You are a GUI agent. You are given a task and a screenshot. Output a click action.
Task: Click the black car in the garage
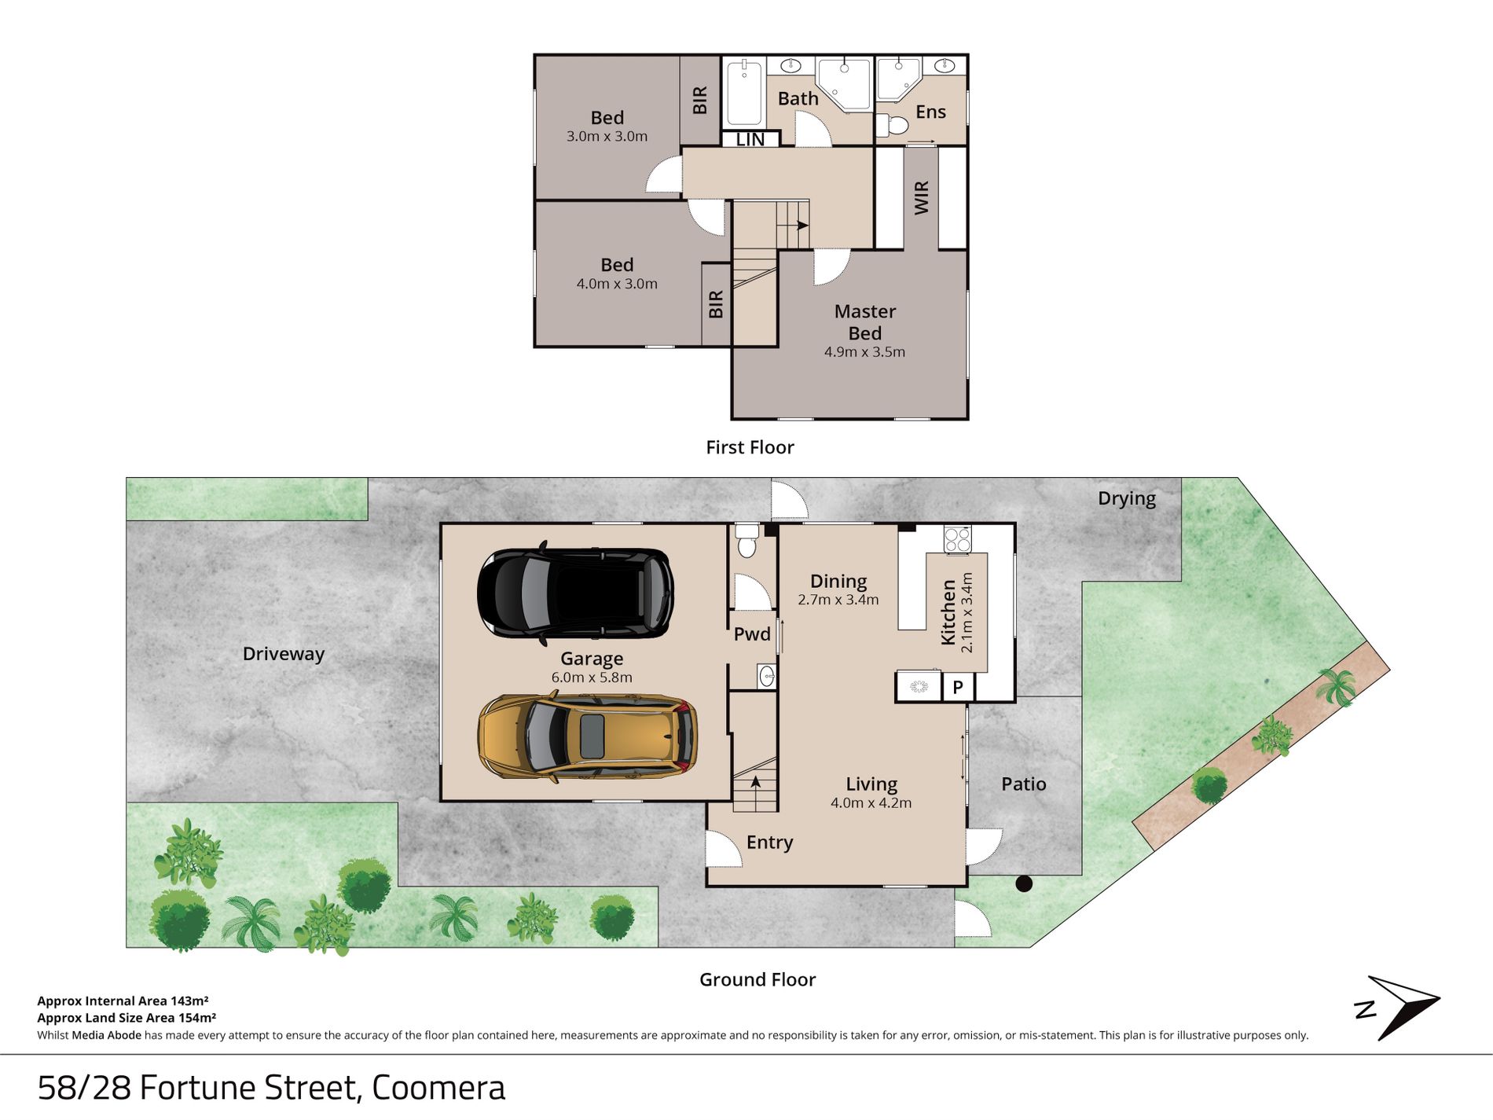(575, 592)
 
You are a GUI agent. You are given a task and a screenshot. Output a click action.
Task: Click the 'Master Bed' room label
(864, 322)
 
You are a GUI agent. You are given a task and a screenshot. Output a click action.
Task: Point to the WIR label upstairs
(922, 197)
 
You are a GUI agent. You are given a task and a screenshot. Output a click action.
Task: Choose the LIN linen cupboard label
(750, 139)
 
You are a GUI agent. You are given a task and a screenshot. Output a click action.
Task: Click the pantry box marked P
(958, 687)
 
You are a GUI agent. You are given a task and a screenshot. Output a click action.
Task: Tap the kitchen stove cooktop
(957, 539)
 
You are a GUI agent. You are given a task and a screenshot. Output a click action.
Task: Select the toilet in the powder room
(746, 541)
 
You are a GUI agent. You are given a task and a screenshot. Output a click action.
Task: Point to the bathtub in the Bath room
(743, 93)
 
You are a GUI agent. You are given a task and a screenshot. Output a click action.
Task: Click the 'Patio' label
(1023, 784)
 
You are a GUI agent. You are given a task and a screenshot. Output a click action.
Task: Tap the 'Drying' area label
(1127, 499)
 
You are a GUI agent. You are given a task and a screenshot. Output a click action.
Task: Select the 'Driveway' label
(283, 654)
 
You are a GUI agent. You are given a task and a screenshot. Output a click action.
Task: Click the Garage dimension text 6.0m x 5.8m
(592, 678)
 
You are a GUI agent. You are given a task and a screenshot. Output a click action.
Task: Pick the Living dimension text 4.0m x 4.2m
(871, 803)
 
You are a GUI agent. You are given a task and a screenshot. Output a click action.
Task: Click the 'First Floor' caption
(750, 447)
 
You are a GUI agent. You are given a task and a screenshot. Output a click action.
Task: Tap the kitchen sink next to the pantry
(919, 687)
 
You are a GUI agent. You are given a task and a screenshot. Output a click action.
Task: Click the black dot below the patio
(1024, 883)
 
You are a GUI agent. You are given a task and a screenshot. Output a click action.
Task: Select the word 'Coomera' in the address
(438, 1088)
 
